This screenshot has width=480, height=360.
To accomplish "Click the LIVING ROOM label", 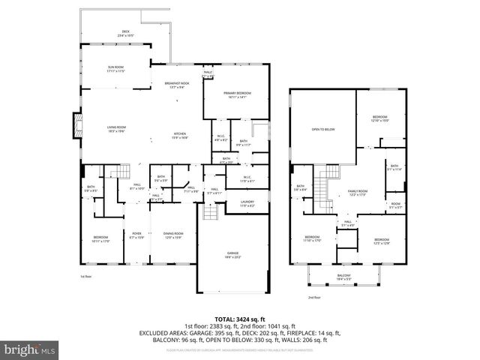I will click(x=115, y=129).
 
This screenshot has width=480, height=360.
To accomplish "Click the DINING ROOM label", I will click(x=172, y=235).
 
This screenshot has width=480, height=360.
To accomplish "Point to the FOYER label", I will click(x=136, y=235).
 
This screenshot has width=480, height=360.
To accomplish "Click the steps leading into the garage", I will click(x=211, y=214).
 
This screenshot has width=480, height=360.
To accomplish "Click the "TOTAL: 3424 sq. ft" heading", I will click(x=239, y=317).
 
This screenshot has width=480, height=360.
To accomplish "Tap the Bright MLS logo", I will click(x=28, y=349).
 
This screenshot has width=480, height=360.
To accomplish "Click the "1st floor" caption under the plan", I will click(x=85, y=277).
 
